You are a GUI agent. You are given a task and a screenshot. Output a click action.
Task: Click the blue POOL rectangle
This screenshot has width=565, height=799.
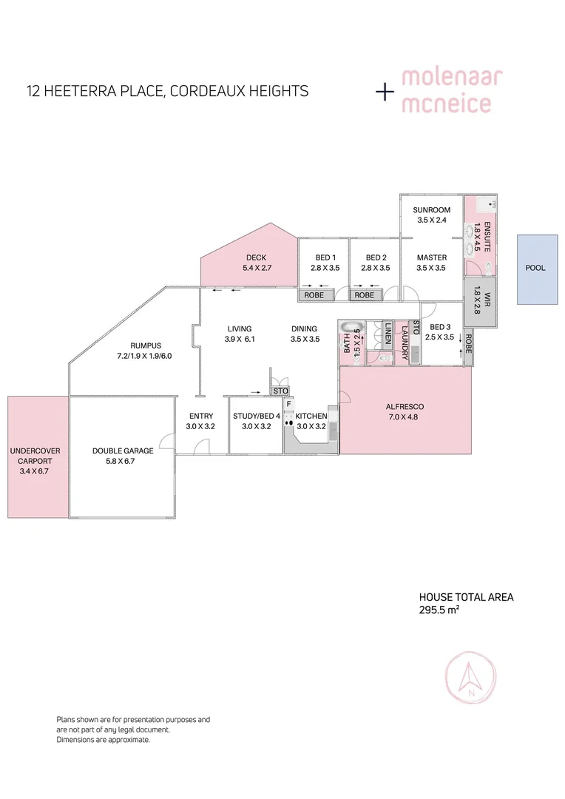(x=536, y=269)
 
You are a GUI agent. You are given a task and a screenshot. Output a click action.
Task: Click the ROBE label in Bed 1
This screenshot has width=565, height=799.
(x=312, y=295)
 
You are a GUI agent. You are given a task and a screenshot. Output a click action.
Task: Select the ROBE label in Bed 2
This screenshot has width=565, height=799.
(x=365, y=295)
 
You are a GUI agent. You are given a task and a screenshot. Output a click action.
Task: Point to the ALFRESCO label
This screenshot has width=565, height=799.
(x=405, y=407)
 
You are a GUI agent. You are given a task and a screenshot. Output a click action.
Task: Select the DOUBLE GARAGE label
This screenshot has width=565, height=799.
(x=123, y=451)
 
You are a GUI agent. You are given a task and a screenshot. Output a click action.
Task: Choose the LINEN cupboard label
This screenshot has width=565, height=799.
(x=388, y=334)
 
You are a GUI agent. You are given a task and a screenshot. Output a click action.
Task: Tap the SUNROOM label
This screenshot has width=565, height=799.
(x=431, y=210)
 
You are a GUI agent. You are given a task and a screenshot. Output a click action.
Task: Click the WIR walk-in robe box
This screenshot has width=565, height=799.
(x=477, y=302)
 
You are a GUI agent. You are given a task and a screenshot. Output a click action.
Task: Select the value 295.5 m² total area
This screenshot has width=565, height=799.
(x=439, y=610)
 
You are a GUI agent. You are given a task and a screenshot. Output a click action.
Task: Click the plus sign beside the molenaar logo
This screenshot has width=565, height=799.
(x=385, y=92)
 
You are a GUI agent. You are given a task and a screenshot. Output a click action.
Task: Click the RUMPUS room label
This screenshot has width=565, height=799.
(x=145, y=345)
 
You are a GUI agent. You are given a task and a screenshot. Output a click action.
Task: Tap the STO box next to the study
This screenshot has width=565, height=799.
(x=280, y=391)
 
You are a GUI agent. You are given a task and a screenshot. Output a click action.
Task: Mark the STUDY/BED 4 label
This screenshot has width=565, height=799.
(x=257, y=416)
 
